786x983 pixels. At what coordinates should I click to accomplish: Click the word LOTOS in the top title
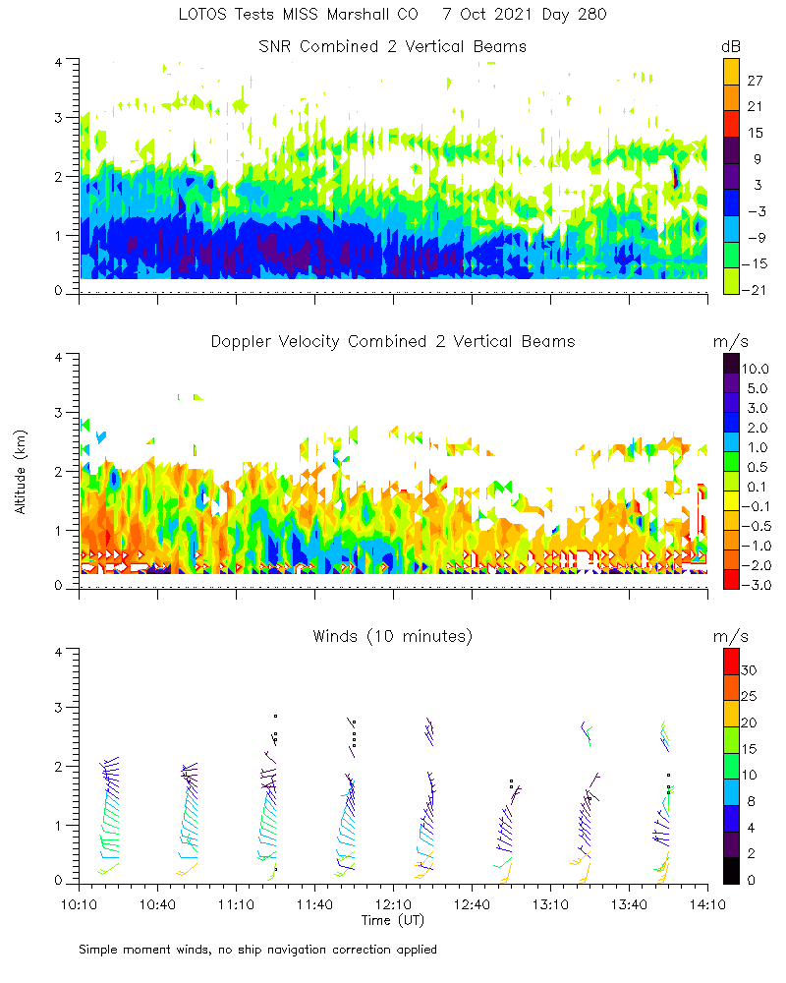[x=203, y=15]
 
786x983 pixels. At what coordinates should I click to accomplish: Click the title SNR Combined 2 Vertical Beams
[x=392, y=46]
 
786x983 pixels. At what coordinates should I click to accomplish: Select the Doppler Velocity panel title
[x=392, y=341]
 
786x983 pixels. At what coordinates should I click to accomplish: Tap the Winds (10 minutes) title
[x=392, y=636]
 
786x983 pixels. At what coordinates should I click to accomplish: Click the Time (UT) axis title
[x=392, y=920]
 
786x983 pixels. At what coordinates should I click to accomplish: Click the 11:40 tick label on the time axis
[x=314, y=901]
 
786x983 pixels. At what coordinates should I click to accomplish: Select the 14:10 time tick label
[x=707, y=901]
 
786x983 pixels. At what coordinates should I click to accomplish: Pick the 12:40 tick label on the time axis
[x=472, y=901]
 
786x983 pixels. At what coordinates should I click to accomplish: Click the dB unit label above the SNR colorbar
[x=731, y=46]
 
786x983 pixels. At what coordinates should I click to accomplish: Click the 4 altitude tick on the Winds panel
[x=59, y=651]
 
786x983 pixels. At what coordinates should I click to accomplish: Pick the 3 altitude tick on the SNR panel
[x=59, y=117]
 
